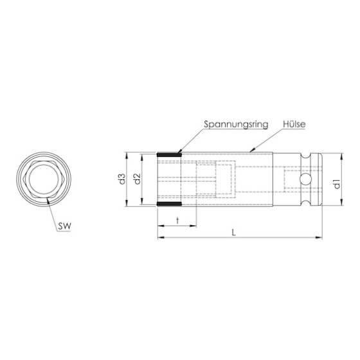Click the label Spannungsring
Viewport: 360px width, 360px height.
[x=236, y=125]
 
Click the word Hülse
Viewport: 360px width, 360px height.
[x=294, y=124]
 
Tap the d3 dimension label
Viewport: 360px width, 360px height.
[x=122, y=179]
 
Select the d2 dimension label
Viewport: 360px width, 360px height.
[x=137, y=179]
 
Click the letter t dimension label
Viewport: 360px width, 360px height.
[x=177, y=221]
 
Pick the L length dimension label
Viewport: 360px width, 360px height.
[x=234, y=233]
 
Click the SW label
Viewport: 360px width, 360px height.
[x=64, y=226]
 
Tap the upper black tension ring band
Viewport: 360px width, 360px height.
[x=169, y=154]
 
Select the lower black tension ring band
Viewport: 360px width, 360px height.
[x=169, y=204]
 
